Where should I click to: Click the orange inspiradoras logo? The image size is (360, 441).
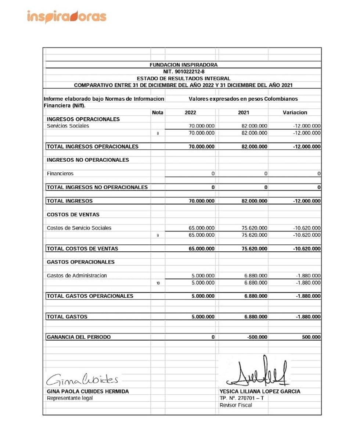click(x=66, y=17)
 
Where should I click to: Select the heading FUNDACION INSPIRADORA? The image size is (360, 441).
click(x=183, y=65)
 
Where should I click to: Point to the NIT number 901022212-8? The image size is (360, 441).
click(x=184, y=72)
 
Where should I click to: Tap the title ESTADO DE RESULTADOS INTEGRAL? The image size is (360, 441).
click(x=183, y=78)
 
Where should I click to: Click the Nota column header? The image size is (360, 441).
click(x=157, y=112)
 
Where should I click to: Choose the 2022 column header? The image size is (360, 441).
click(x=190, y=112)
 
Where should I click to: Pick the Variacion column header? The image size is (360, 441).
click(x=295, y=112)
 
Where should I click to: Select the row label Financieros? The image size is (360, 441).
click(x=60, y=173)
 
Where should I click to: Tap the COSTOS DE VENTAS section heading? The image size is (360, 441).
click(x=73, y=215)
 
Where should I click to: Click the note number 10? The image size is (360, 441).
click(x=158, y=283)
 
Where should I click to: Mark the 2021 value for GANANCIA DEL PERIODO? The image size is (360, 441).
click(x=257, y=337)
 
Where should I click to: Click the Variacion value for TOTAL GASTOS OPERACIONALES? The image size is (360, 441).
click(x=308, y=296)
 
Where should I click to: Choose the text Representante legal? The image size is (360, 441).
click(x=69, y=398)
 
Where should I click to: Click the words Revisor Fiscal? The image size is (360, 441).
click(x=235, y=405)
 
